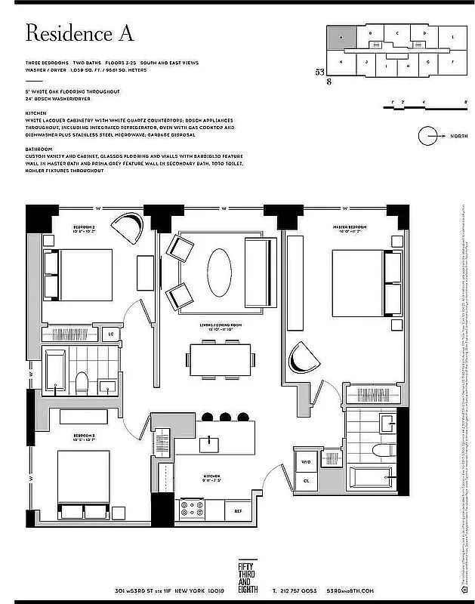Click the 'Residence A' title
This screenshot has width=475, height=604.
point(79,33)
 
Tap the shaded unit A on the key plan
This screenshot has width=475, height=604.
point(341,36)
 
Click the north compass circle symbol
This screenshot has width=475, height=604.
point(429,136)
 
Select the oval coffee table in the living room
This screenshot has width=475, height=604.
point(221,274)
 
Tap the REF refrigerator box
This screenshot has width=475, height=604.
point(237,511)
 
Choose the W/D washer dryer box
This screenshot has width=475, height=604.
point(307,461)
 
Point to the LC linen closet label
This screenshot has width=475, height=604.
point(111,333)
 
